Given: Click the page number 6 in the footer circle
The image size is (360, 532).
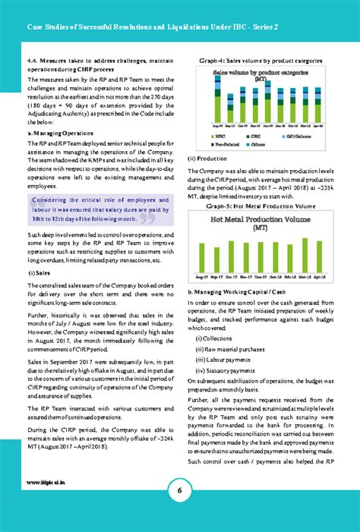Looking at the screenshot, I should point(180,490).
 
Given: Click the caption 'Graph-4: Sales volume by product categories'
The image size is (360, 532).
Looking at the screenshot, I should point(261,60).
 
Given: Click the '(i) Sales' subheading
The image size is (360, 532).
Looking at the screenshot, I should point(39,272).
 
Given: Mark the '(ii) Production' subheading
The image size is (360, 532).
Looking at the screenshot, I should point(207,159).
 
